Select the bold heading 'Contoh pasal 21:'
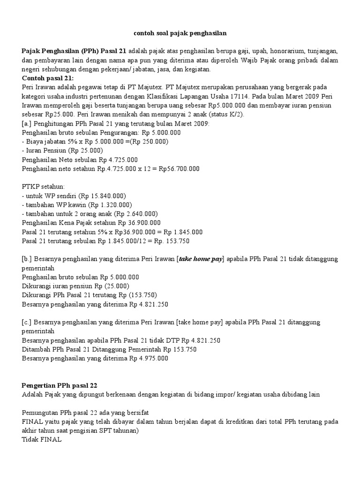pyautogui.click(x=48, y=78)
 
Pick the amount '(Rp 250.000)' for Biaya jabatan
pyautogui.click(x=150, y=142)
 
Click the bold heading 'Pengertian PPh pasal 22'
pyautogui.click(x=60, y=386)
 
